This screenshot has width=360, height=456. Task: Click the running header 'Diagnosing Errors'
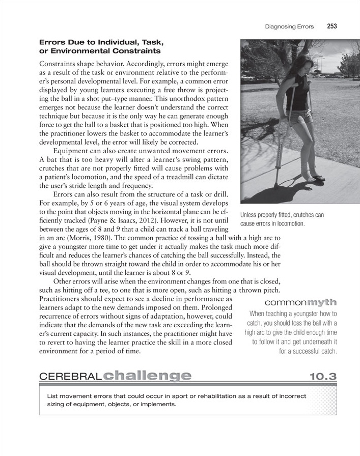[289, 25]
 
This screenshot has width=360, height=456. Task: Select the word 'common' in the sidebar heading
[283, 304]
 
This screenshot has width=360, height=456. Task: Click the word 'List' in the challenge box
[52, 395]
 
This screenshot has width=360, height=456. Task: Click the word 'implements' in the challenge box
[157, 405]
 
